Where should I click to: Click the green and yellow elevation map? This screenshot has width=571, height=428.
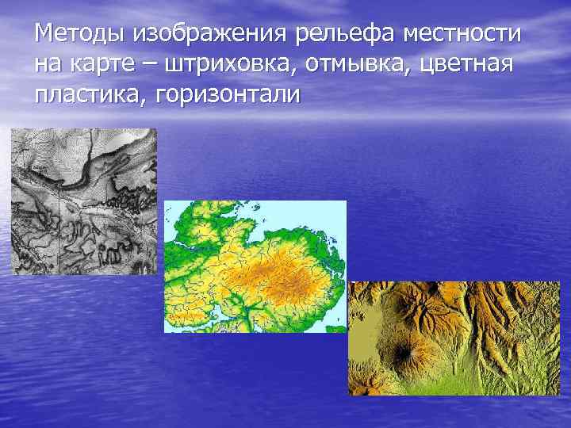click(255, 266)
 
